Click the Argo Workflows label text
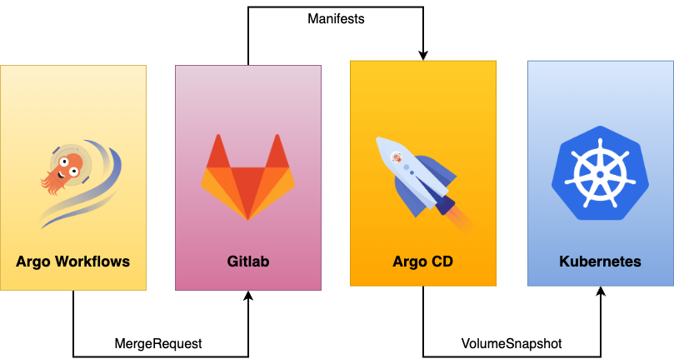pos(73,262)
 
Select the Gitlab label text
pos(248,262)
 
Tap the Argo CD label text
pos(422,262)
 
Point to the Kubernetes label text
pos(600,262)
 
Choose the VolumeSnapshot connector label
pos(512,343)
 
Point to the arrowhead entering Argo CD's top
pos(422,55)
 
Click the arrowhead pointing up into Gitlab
pos(247,296)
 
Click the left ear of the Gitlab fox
pos(218,150)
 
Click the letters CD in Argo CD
pos(442,262)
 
